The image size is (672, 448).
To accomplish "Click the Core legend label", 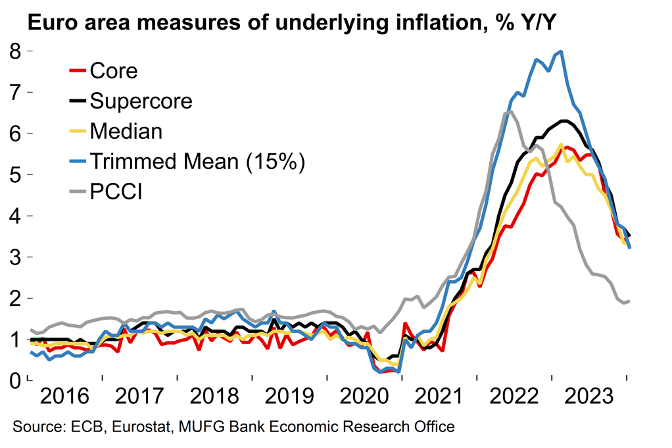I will pyautogui.click(x=114, y=70).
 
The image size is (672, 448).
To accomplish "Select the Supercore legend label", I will pyautogui.click(x=141, y=101).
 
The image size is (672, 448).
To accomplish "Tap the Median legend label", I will pyautogui.click(x=126, y=131).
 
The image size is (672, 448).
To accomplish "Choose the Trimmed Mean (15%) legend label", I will pyautogui.click(x=197, y=161).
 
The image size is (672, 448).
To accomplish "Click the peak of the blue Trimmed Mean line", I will pyautogui.click(x=561, y=51).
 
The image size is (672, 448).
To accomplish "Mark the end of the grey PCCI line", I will pyautogui.click(x=629, y=301).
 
